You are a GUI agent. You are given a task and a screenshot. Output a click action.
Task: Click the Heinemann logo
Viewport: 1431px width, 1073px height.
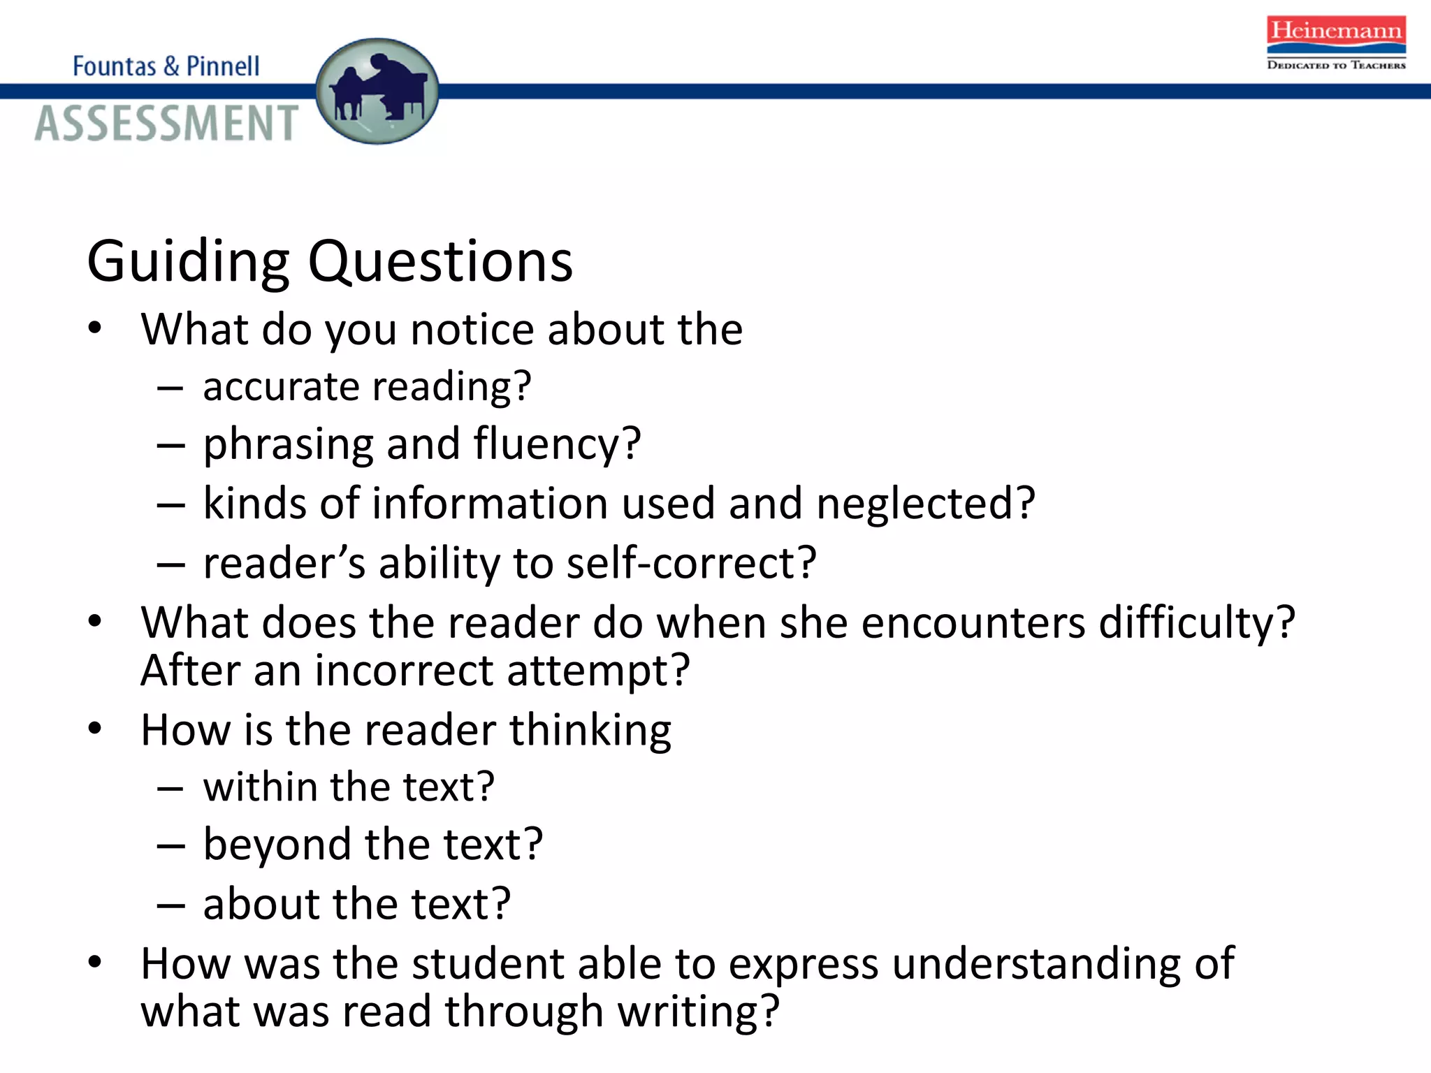point(1336,42)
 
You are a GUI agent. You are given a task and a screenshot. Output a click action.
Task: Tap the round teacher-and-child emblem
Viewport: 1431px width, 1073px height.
point(377,92)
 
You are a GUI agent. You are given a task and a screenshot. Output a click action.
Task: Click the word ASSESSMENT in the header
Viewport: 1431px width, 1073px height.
point(166,123)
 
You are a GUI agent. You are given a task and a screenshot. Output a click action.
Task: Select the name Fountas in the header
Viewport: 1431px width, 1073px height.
point(115,66)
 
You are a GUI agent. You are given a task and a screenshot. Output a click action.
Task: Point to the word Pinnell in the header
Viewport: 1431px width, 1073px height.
point(223,66)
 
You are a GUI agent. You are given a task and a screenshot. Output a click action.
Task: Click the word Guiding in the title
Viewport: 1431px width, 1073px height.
point(188,261)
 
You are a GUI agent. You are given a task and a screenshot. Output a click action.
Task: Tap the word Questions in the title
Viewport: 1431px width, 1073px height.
point(440,261)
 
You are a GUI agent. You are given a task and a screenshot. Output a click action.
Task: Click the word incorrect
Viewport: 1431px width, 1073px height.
point(405,670)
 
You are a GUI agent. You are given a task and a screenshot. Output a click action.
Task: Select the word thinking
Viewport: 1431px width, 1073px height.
point(590,731)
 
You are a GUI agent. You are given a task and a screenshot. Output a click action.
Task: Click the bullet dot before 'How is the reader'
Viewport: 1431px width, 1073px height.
point(95,729)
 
